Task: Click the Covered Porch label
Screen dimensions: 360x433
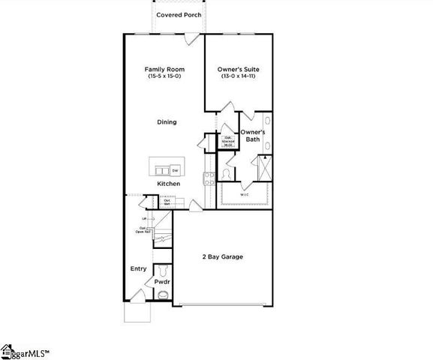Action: (177, 15)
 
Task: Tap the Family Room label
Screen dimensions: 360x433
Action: (164, 70)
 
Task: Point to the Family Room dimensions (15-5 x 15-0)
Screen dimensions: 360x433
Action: (164, 77)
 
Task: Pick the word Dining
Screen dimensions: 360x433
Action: (167, 121)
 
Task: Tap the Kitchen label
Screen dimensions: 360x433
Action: (168, 184)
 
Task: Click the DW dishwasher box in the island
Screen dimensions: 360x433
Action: (175, 169)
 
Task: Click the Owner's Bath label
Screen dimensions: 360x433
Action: (253, 136)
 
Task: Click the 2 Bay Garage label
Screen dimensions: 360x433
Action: (222, 256)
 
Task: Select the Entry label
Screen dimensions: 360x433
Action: (138, 268)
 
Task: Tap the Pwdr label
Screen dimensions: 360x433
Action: (162, 282)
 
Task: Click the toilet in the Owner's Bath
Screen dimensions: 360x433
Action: (227, 175)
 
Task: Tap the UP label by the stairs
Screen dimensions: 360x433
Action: (143, 218)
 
